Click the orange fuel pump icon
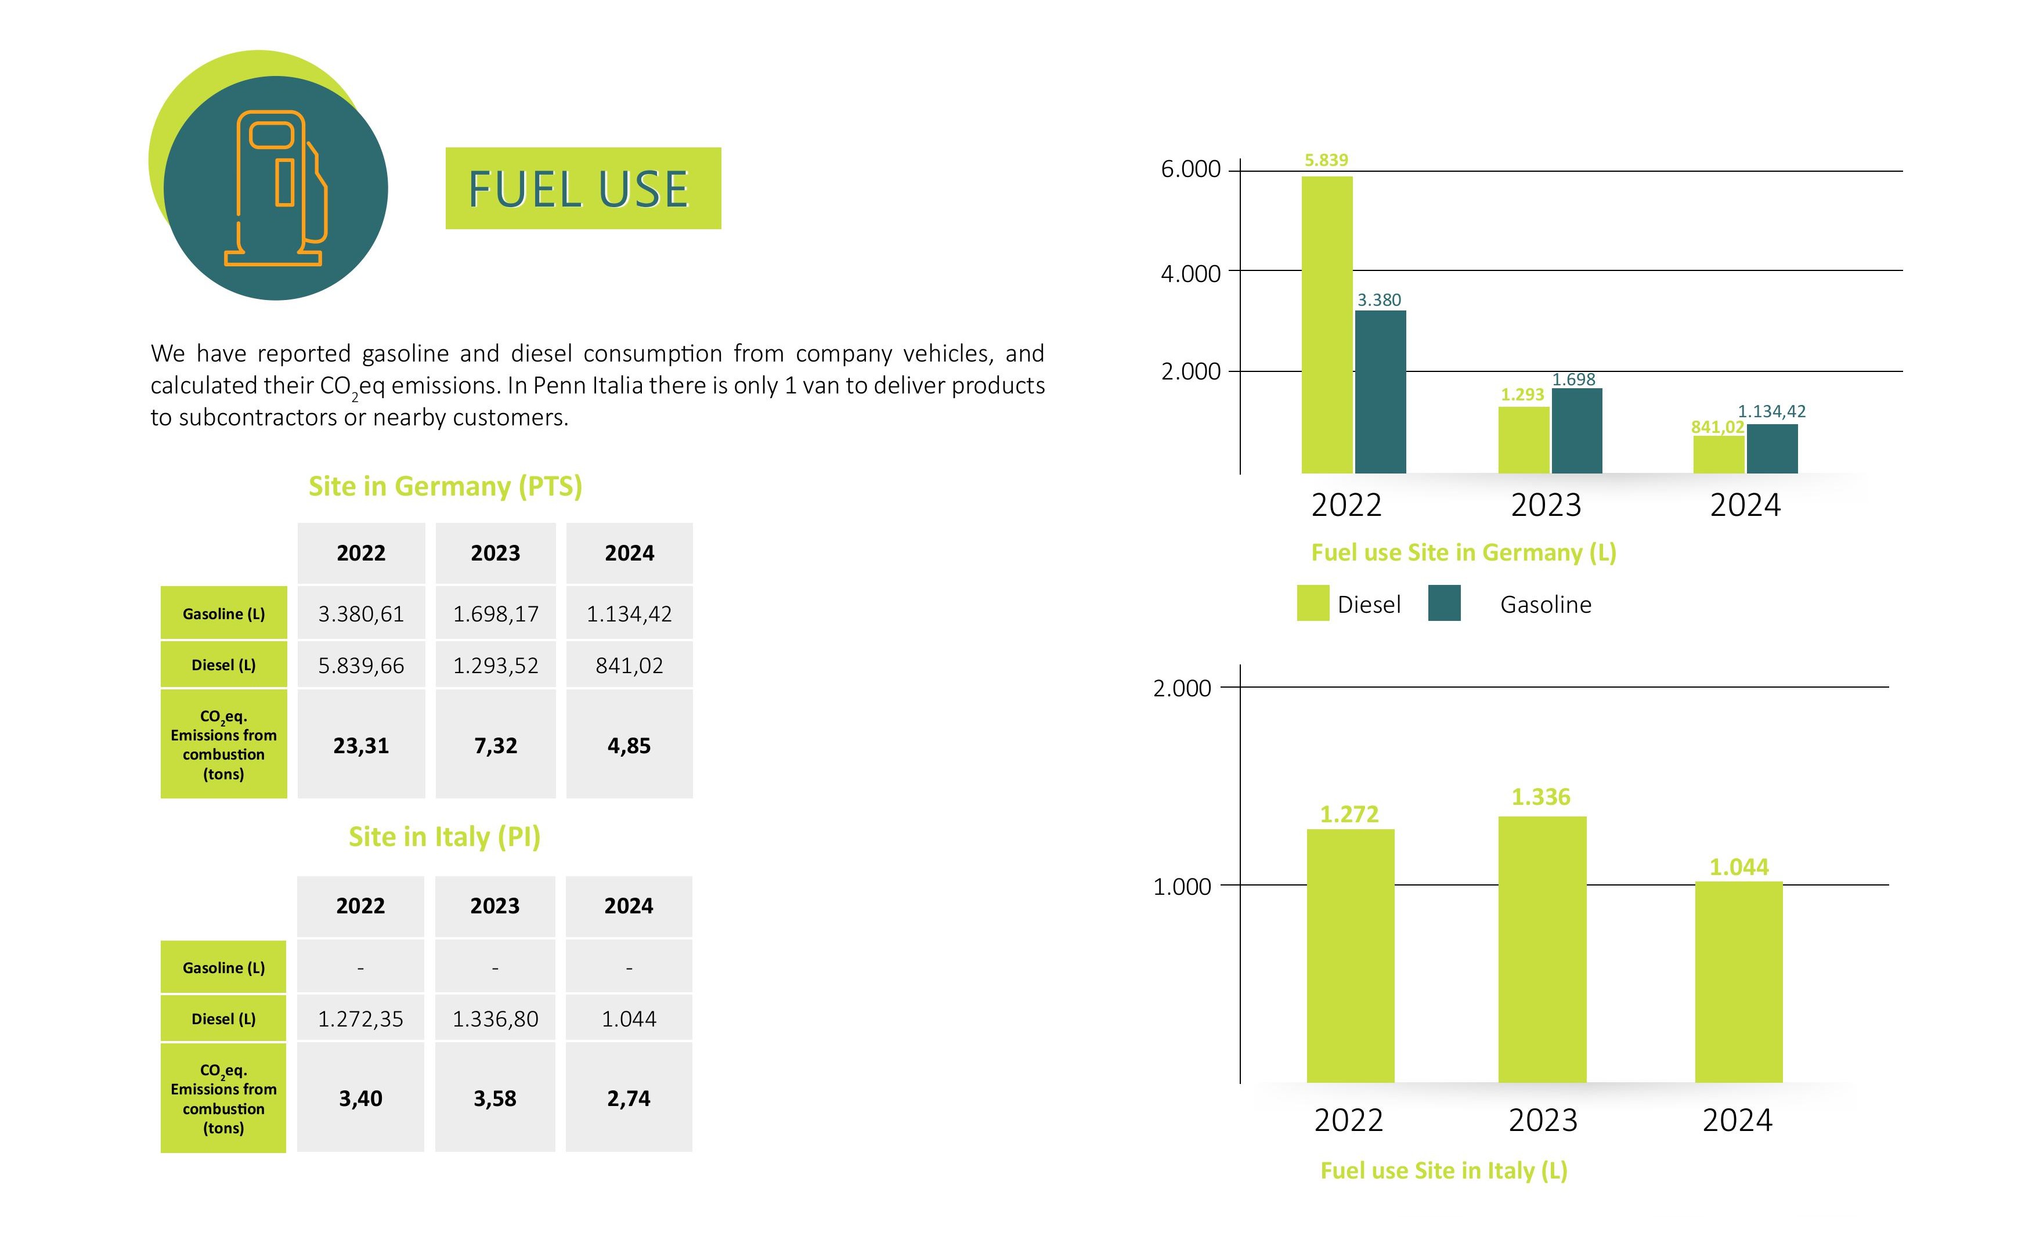[x=276, y=189]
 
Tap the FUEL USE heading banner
[x=583, y=189]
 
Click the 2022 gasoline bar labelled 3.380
[x=1380, y=392]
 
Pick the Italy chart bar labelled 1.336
[x=1542, y=949]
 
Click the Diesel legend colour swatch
[x=1313, y=603]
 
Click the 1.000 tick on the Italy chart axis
[x=1182, y=887]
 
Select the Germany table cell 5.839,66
[x=361, y=665]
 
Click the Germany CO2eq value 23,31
[x=361, y=745]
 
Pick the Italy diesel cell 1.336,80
[x=495, y=1019]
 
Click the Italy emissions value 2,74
[x=629, y=1098]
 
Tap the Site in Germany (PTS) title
[x=445, y=486]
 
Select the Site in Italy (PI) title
[x=445, y=837]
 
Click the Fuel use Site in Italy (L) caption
[x=1443, y=1171]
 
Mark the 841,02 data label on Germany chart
[x=1717, y=427]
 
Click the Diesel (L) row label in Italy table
[x=223, y=1019]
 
